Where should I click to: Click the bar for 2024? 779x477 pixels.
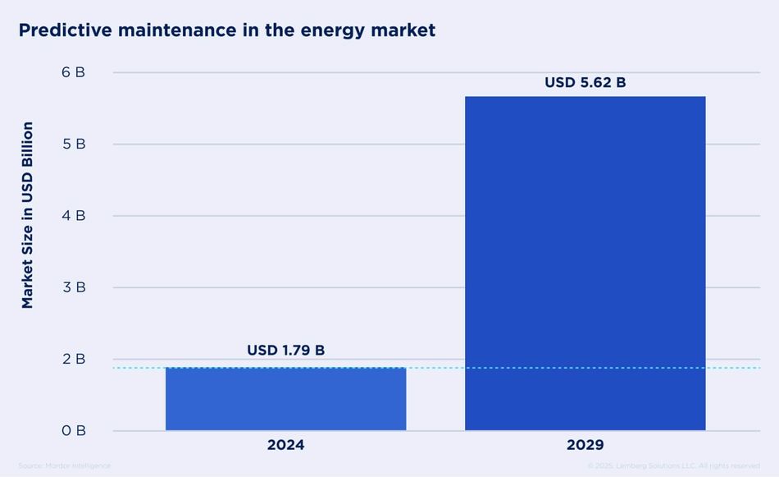coord(285,399)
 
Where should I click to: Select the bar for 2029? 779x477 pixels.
coord(585,263)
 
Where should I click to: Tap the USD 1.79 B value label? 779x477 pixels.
coord(285,351)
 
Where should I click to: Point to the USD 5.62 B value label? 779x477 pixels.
coord(585,82)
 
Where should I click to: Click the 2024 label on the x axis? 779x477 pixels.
coord(285,445)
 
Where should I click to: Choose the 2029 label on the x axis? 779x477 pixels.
coord(585,445)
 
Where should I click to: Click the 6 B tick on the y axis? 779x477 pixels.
coord(73,72)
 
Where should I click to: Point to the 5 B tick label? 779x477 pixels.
coord(73,144)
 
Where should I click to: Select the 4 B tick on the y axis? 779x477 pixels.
coord(73,215)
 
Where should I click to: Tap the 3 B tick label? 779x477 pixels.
coord(73,287)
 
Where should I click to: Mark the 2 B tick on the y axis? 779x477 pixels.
coord(73,359)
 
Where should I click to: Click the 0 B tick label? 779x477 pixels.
coord(73,430)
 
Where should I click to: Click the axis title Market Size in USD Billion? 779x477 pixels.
coord(28,215)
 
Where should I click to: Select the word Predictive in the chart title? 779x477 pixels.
coord(64,30)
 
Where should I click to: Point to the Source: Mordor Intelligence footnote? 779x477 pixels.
coord(64,466)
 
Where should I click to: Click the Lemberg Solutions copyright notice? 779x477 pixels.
coord(673,466)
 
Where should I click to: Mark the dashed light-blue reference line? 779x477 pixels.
coord(435,368)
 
